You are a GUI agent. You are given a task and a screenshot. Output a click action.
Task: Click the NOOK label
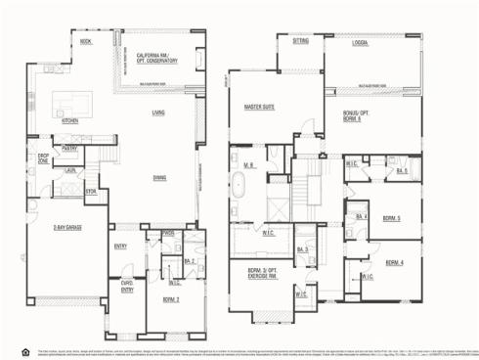[x=86, y=42]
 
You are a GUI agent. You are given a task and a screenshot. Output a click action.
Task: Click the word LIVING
[x=158, y=113]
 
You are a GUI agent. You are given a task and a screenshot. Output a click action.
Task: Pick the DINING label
[x=158, y=177]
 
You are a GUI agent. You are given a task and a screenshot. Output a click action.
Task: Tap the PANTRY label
[x=69, y=149]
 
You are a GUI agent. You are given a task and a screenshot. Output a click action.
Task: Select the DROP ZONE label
[x=44, y=157]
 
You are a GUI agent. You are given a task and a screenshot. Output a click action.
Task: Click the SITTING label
[x=300, y=42]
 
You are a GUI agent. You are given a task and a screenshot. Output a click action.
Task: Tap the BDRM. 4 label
[x=394, y=263]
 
